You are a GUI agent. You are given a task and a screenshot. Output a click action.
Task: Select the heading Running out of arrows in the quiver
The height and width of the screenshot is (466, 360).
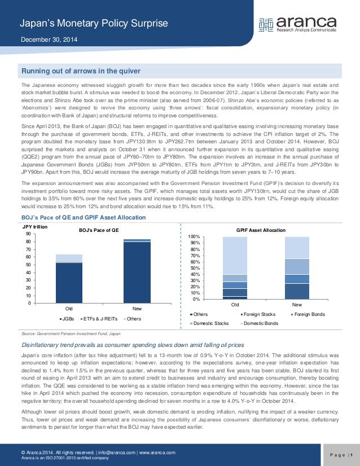(x=80, y=71)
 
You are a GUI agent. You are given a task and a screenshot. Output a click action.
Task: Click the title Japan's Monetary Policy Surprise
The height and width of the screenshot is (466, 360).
(x=94, y=23)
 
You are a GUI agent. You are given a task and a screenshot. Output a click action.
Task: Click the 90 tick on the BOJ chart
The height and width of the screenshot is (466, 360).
(x=28, y=234)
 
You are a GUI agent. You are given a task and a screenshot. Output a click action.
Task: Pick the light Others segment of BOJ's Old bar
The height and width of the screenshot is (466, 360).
(x=69, y=258)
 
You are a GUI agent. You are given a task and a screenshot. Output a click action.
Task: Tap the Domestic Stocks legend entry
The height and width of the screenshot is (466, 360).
(x=210, y=323)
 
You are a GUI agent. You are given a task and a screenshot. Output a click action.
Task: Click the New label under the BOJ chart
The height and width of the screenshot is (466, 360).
(x=137, y=309)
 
